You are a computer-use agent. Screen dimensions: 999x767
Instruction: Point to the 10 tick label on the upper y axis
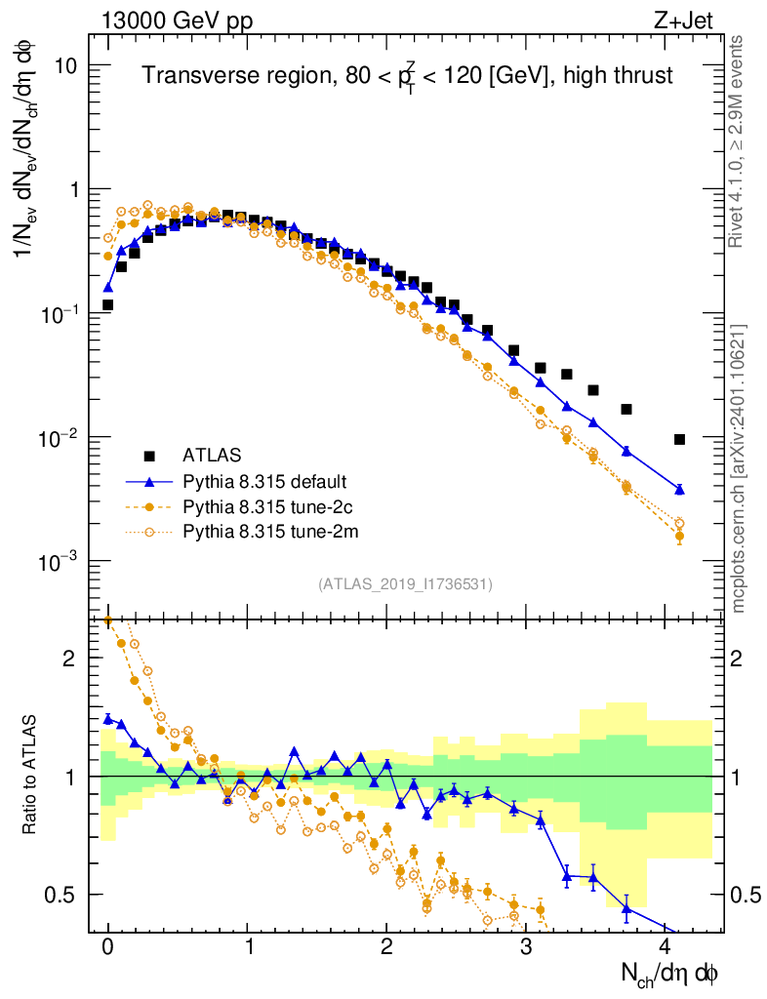[66, 65]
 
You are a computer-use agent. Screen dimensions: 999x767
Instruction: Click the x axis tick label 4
[666, 946]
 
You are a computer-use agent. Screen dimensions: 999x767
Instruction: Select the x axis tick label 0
[108, 946]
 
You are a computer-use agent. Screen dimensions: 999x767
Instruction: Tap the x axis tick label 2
[386, 946]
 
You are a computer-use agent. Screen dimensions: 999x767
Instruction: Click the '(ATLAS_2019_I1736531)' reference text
[405, 584]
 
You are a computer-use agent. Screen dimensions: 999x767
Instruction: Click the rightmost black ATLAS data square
[679, 439]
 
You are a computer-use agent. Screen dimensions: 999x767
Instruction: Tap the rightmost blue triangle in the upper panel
[679, 489]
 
